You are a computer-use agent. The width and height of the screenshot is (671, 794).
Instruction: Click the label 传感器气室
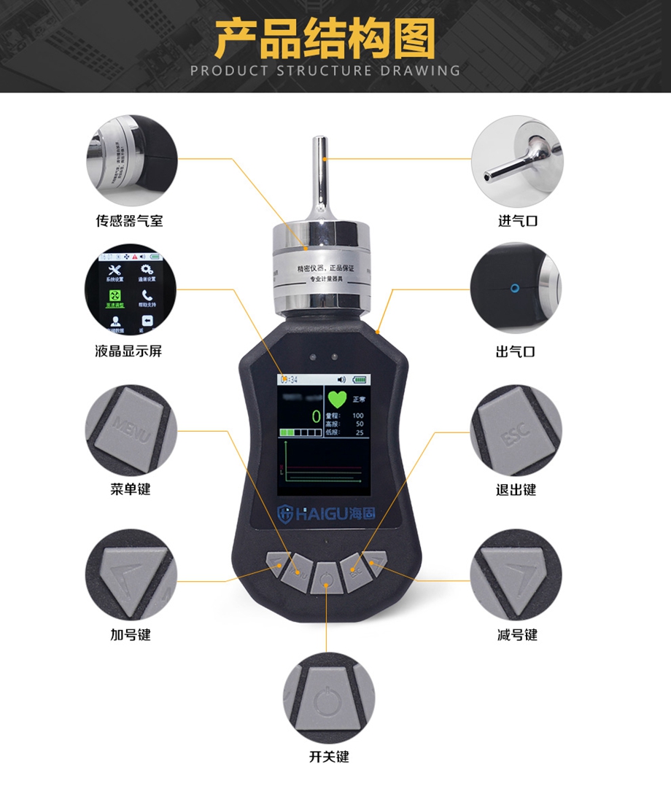click(x=129, y=220)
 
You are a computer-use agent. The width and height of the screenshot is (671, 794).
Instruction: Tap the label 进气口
click(x=518, y=220)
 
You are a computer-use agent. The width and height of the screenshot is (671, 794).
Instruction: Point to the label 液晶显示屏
click(x=128, y=351)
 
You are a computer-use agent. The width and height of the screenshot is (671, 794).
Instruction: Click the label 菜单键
click(x=130, y=489)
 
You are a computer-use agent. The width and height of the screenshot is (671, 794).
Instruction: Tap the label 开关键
click(x=328, y=757)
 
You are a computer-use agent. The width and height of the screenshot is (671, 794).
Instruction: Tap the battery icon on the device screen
click(x=361, y=379)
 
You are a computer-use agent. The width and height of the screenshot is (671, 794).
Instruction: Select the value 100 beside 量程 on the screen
click(x=357, y=416)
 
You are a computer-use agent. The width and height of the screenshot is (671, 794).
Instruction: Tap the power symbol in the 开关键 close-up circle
click(x=327, y=701)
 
